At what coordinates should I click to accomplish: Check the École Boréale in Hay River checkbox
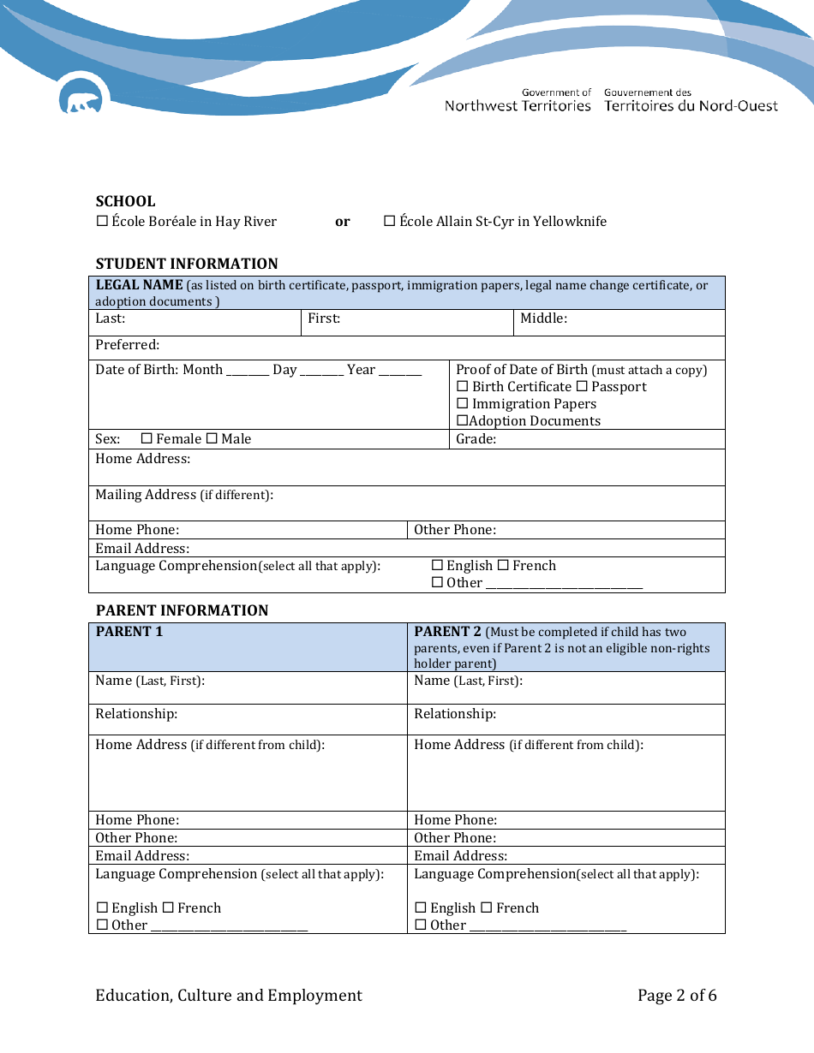point(102,221)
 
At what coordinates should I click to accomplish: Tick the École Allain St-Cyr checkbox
point(389,221)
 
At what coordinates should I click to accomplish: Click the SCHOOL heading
point(125,201)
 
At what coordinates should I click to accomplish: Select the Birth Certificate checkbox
point(463,387)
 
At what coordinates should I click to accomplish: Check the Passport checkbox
point(582,387)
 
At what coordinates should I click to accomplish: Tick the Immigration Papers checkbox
point(463,404)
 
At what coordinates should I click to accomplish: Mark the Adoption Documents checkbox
point(462,421)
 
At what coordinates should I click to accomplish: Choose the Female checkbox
point(147,439)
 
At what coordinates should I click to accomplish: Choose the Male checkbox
point(212,439)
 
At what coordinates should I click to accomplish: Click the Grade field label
point(476,439)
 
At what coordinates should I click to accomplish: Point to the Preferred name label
point(127,345)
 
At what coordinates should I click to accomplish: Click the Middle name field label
point(543,318)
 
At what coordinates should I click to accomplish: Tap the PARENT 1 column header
point(129,632)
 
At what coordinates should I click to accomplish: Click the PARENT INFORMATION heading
point(182,610)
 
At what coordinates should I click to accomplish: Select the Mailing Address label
point(146,495)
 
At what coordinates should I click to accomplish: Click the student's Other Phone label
point(454,530)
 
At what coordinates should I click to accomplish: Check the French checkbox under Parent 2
point(486,908)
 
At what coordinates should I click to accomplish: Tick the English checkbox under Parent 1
point(102,908)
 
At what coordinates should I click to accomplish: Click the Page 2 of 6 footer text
point(677,995)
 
